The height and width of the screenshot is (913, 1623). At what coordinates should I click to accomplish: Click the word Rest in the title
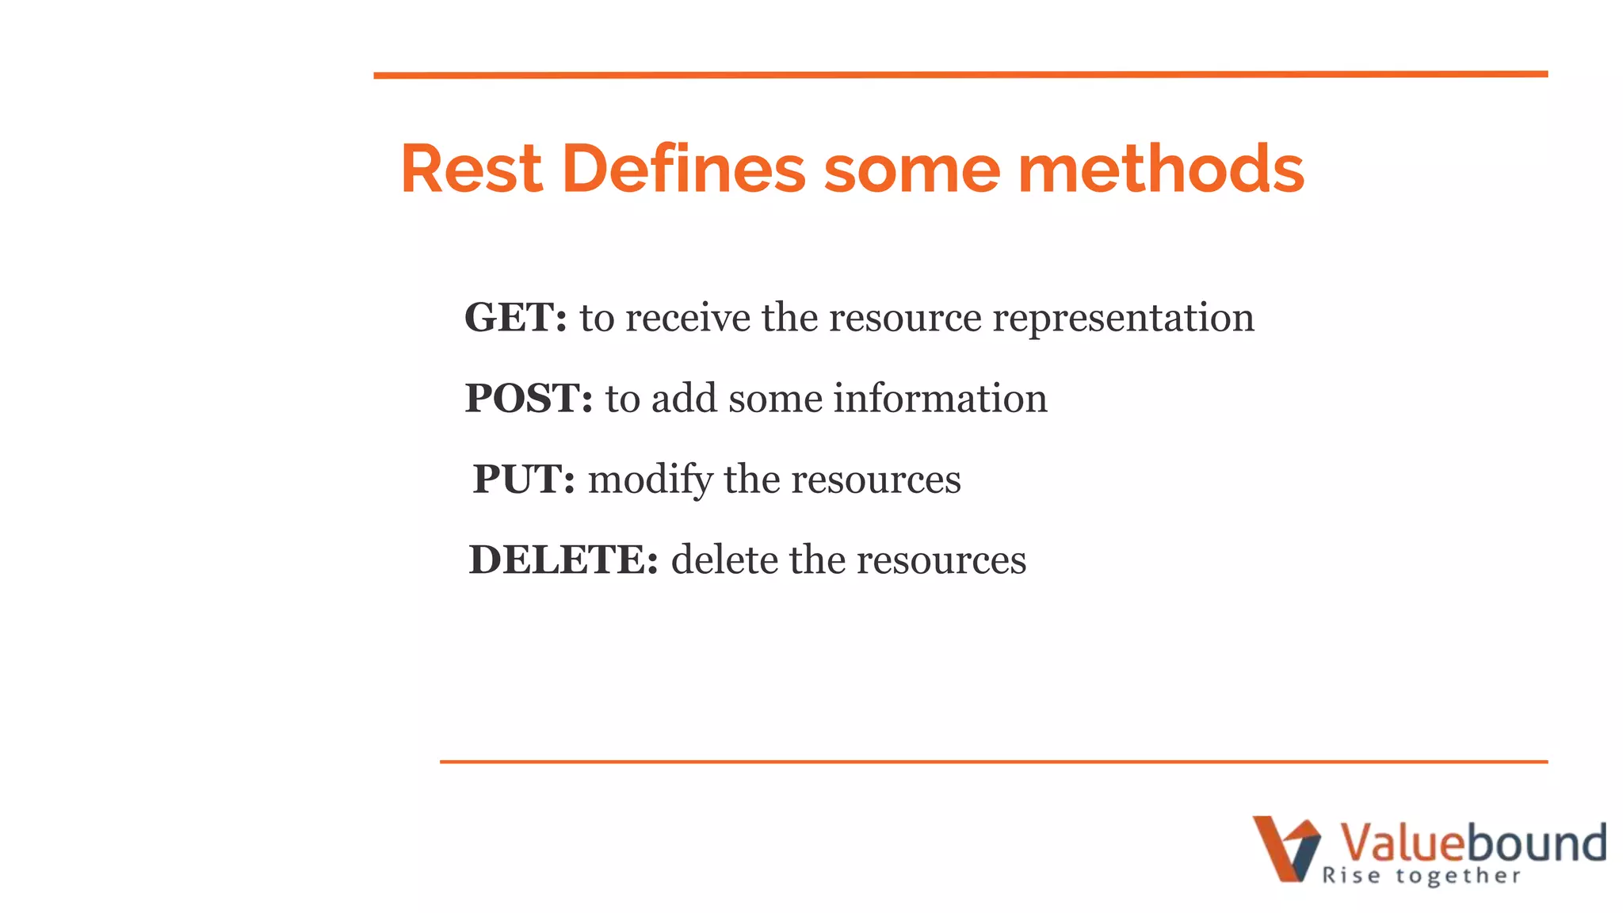pyautogui.click(x=472, y=169)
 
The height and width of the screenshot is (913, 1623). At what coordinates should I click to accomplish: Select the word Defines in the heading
pyautogui.click(x=683, y=169)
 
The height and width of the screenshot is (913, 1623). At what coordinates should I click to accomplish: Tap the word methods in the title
pyautogui.click(x=1160, y=169)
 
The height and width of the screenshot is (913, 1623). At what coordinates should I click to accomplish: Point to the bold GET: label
pyautogui.click(x=515, y=318)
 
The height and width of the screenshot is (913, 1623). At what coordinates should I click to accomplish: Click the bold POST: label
pyautogui.click(x=529, y=399)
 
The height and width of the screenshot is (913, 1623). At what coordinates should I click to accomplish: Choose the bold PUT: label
pyautogui.click(x=524, y=479)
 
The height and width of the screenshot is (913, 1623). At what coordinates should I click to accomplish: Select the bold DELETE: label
pyautogui.click(x=563, y=560)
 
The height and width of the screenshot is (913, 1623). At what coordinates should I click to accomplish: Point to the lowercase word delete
pyautogui.click(x=724, y=560)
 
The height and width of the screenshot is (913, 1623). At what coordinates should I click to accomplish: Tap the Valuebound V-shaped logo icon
pyautogui.click(x=1285, y=848)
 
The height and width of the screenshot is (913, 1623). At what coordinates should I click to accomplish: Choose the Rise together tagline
pyautogui.click(x=1421, y=876)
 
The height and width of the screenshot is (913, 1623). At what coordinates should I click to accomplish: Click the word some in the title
pyautogui.click(x=912, y=169)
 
